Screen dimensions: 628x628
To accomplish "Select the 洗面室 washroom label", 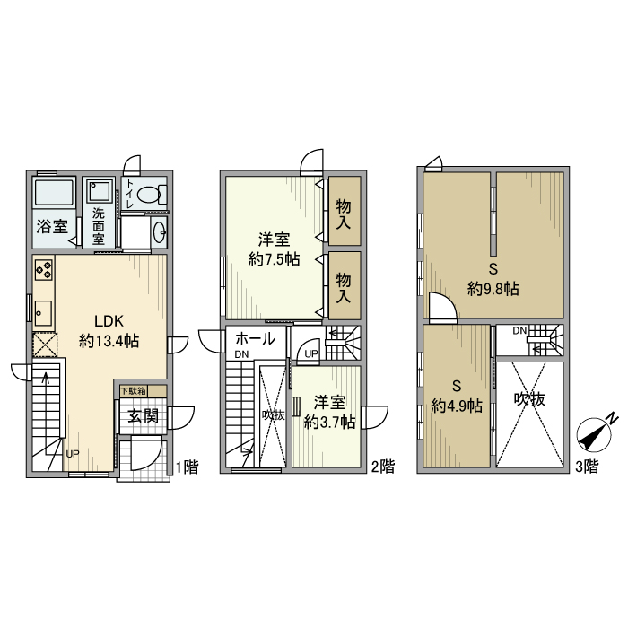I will click(x=98, y=227).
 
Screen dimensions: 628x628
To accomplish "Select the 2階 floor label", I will click(x=382, y=467).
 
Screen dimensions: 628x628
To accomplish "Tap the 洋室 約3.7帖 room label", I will click(x=328, y=412).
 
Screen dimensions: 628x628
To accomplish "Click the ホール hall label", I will click(x=255, y=339).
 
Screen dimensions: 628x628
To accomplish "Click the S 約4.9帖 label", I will click(x=457, y=395).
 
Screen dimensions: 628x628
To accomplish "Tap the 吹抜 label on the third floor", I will click(x=529, y=400).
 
